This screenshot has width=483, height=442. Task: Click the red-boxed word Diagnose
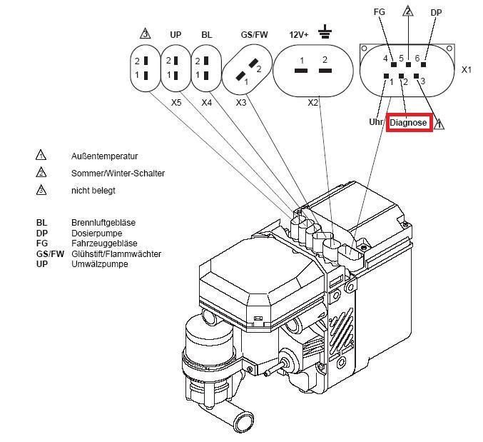408,123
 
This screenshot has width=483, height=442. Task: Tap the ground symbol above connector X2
325,31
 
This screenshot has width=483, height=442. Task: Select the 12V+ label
298,35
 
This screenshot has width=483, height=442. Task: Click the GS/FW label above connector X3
254,34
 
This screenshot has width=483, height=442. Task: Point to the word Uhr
376,122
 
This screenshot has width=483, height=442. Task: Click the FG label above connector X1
379,12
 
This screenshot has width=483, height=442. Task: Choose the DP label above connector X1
436,13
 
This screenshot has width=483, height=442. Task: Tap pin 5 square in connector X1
409,65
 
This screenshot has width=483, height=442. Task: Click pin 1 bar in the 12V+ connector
301,71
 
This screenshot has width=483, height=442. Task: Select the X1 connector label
467,70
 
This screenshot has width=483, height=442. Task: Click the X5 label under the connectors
176,102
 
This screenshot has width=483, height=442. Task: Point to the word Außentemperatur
104,156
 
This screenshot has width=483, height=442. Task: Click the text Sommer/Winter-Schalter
118,174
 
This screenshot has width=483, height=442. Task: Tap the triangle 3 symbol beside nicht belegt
41,190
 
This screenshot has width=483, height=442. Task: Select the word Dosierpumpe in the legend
97,233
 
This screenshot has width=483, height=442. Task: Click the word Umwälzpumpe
99,264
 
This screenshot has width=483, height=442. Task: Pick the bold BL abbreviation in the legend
41,223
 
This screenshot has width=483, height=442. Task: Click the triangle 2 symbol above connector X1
408,11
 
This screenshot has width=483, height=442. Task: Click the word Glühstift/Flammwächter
116,254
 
